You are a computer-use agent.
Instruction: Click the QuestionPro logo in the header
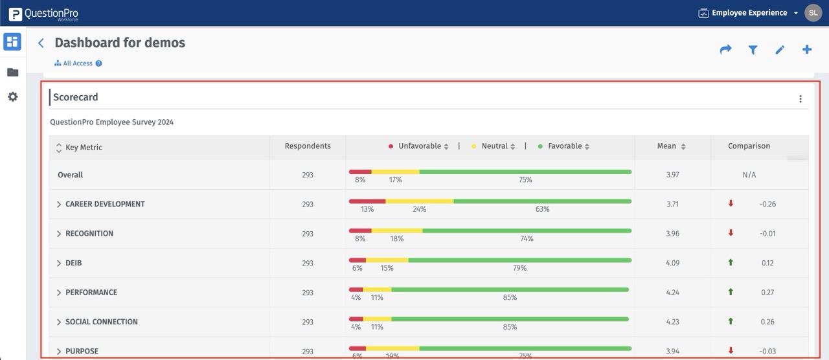(43, 14)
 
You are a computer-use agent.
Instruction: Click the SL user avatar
(813, 13)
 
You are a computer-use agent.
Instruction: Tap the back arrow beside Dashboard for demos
(41, 43)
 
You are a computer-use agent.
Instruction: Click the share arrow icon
(725, 50)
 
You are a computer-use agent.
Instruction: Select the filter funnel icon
(753, 50)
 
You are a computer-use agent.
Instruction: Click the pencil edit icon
(780, 50)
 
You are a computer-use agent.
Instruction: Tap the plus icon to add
(807, 50)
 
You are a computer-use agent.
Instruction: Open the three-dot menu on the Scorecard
(801, 99)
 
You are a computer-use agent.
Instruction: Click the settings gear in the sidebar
(12, 97)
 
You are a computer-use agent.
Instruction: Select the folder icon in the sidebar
(12, 73)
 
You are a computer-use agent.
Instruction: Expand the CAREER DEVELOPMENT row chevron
(59, 205)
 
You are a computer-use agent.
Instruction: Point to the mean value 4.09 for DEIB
(673, 264)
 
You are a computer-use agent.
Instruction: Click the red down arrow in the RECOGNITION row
(731, 233)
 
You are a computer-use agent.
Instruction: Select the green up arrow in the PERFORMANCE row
(731, 292)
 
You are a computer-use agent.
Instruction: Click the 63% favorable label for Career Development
(542, 209)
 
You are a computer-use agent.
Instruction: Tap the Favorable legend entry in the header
(564, 146)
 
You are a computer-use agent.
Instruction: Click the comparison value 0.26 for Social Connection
(767, 322)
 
